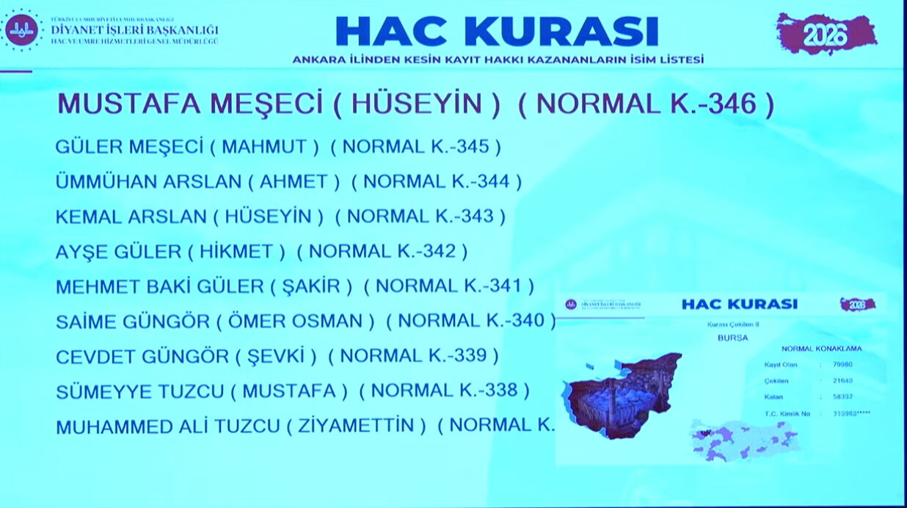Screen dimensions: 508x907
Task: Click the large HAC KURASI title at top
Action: pyautogui.click(x=497, y=31)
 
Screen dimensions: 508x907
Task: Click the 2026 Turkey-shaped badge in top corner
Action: pyautogui.click(x=826, y=34)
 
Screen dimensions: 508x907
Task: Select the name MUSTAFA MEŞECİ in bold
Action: pyautogui.click(x=190, y=104)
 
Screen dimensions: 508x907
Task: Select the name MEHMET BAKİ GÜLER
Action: pyautogui.click(x=159, y=286)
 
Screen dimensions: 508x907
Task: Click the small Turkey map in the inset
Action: pyautogui.click(x=743, y=441)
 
